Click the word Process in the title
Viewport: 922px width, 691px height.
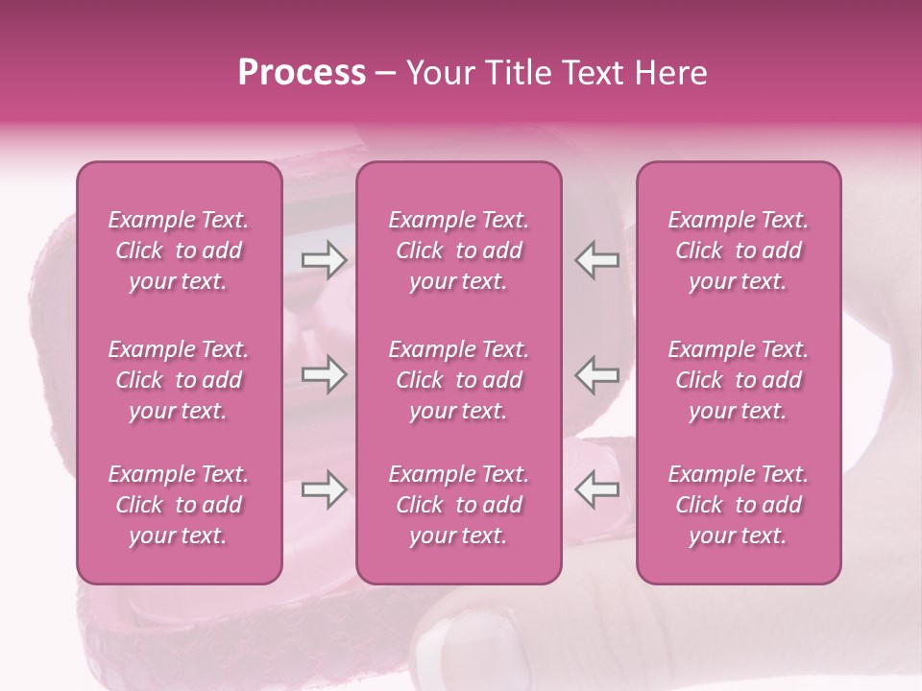pyautogui.click(x=302, y=73)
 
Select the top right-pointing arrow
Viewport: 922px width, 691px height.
pyautogui.click(x=324, y=259)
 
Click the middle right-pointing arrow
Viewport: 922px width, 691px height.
pyautogui.click(x=324, y=374)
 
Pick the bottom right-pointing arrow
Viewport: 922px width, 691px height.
pyautogui.click(x=324, y=490)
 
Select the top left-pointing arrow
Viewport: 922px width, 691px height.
pyautogui.click(x=596, y=259)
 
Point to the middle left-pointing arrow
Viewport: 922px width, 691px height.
pyautogui.click(x=596, y=374)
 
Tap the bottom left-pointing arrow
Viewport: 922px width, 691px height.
pyautogui.click(x=596, y=490)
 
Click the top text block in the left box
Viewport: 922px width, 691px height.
pyautogui.click(x=179, y=250)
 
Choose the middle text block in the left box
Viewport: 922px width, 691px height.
pyautogui.click(x=179, y=380)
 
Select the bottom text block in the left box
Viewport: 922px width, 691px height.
pyautogui.click(x=179, y=505)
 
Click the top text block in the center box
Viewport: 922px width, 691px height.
pyautogui.click(x=459, y=250)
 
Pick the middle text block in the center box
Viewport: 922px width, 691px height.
pyautogui.click(x=459, y=380)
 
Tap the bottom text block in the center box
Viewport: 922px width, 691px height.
pyautogui.click(x=459, y=505)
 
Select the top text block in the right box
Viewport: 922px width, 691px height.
pyautogui.click(x=739, y=250)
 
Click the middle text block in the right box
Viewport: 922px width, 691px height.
pyautogui.click(x=739, y=380)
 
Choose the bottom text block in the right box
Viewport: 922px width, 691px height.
pyautogui.click(x=739, y=505)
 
